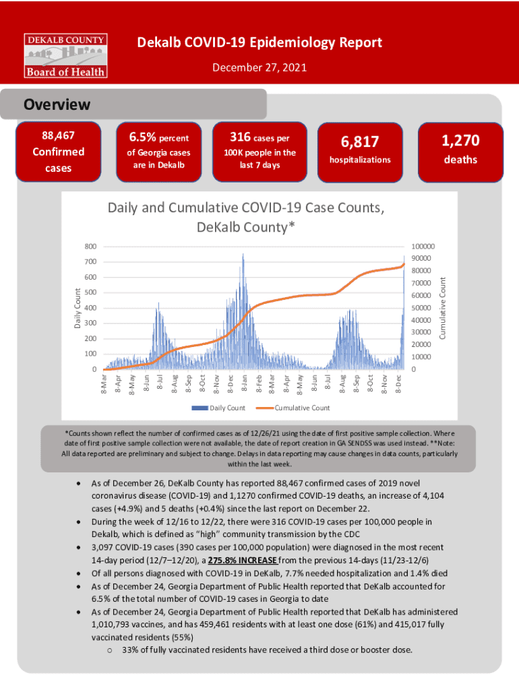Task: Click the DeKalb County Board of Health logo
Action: point(65,54)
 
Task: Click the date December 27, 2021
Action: point(259,68)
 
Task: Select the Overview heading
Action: point(57,105)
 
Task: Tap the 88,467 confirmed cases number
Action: point(58,136)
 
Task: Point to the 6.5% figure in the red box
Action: point(143,138)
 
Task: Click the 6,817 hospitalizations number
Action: point(359,142)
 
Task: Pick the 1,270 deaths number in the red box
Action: point(460,140)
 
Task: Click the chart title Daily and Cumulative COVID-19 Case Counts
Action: point(246,209)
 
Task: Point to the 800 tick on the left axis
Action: point(90,246)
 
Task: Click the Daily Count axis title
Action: point(77,309)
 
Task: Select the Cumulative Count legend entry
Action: point(302,408)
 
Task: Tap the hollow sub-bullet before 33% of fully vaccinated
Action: point(110,650)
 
